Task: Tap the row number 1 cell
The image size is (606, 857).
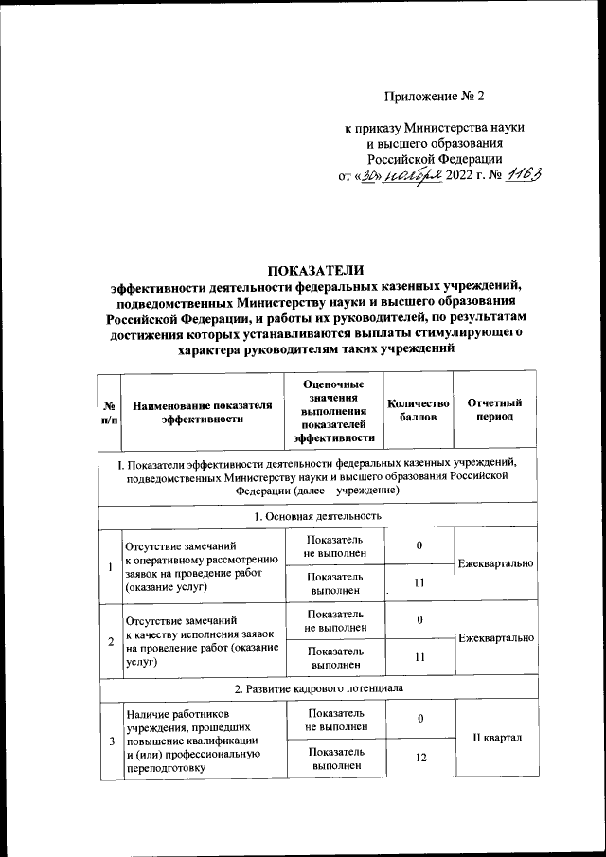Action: (x=110, y=566)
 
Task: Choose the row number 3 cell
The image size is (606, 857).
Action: (x=110, y=740)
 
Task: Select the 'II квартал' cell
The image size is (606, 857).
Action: (x=494, y=739)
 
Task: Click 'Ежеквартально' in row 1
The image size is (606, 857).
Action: (x=494, y=562)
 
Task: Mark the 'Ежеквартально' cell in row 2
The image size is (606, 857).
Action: (x=494, y=639)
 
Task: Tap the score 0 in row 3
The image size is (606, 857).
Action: (x=419, y=719)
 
